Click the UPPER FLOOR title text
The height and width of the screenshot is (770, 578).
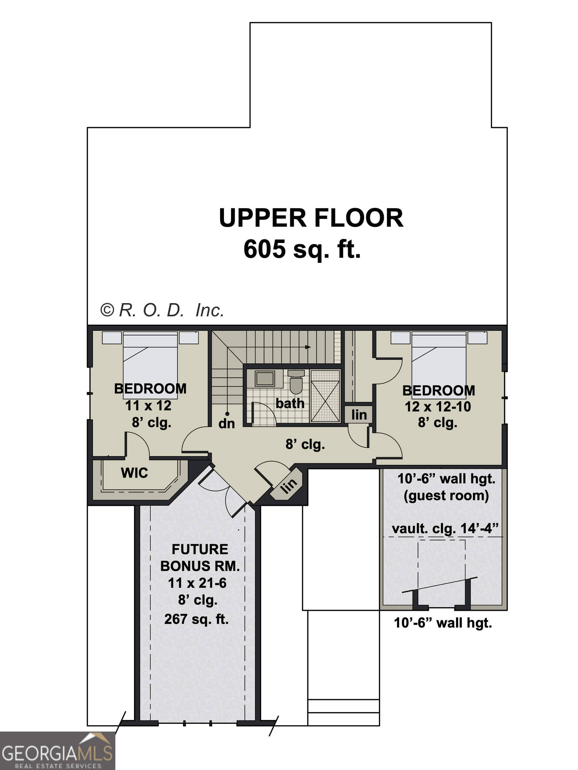tap(311, 218)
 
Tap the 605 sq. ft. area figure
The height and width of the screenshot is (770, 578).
tap(302, 249)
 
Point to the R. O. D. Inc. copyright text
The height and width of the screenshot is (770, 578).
tap(162, 310)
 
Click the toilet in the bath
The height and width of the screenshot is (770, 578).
tap(296, 382)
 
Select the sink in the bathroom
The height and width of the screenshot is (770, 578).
tap(265, 378)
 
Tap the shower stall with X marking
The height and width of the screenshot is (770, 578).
tap(325, 396)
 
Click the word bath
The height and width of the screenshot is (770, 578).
tap(290, 403)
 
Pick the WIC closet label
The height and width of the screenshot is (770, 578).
tap(134, 473)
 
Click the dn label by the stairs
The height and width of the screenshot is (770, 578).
tap(227, 424)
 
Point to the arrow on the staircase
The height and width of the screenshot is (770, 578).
tap(308, 347)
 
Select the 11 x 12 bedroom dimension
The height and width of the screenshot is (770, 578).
tap(148, 405)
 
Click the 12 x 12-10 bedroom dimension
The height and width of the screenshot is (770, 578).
tap(438, 407)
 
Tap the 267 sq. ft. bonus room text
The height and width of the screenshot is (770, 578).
tap(196, 619)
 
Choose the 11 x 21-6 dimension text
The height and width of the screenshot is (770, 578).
tap(197, 583)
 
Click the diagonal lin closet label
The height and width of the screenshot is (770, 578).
tap(288, 486)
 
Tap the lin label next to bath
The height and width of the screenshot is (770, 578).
tap(359, 415)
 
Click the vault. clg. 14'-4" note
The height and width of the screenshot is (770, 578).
tap(445, 528)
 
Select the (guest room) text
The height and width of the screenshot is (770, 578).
tap(446, 496)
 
